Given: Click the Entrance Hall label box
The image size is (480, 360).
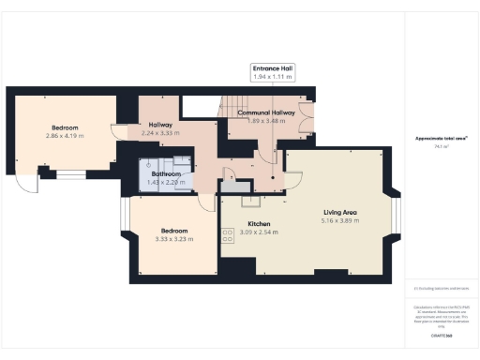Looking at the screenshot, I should [x=272, y=72].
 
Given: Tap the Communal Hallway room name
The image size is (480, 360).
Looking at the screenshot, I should [x=266, y=112].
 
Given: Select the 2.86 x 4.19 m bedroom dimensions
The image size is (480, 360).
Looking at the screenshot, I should [x=65, y=136].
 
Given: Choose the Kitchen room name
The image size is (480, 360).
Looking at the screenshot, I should [x=259, y=224].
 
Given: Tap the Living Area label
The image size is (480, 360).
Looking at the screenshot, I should [x=339, y=213].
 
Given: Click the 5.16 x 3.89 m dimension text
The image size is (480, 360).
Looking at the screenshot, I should [x=339, y=221].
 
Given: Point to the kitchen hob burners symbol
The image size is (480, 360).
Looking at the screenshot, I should [x=227, y=235].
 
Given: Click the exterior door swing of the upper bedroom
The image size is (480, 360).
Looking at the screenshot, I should [x=29, y=179].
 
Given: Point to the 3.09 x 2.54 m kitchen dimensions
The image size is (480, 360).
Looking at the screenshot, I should [x=259, y=232].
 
